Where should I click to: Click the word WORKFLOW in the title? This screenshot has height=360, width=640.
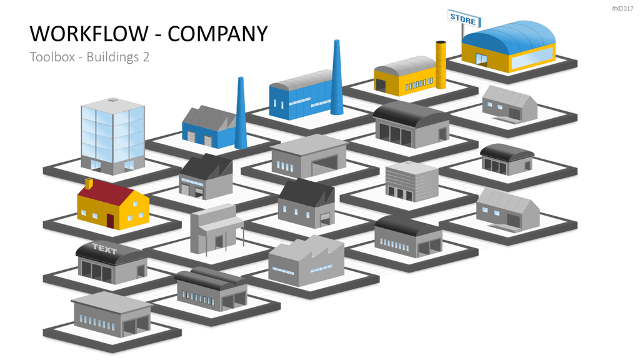[89, 34]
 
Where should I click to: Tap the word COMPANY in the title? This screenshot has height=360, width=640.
[217, 34]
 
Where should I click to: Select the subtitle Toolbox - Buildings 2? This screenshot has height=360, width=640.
[89, 57]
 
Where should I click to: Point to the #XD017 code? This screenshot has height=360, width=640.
[622, 9]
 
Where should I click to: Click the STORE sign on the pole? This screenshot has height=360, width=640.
[464, 18]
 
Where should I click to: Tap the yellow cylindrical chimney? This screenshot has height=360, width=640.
[441, 64]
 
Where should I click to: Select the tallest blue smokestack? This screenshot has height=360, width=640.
[337, 77]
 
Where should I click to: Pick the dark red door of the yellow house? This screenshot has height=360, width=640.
[110, 221]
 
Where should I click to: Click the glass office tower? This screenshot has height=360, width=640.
[112, 135]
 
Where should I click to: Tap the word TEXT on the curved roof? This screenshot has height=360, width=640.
[104, 249]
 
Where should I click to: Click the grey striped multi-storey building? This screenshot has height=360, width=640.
[412, 182]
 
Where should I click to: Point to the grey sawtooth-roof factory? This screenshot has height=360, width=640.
[306, 261]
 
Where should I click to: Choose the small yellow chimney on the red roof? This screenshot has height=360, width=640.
[89, 183]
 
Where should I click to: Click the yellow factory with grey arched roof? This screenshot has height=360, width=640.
[406, 76]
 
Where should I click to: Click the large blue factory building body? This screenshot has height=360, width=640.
[302, 96]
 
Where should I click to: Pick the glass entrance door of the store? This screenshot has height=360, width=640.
[482, 59]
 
